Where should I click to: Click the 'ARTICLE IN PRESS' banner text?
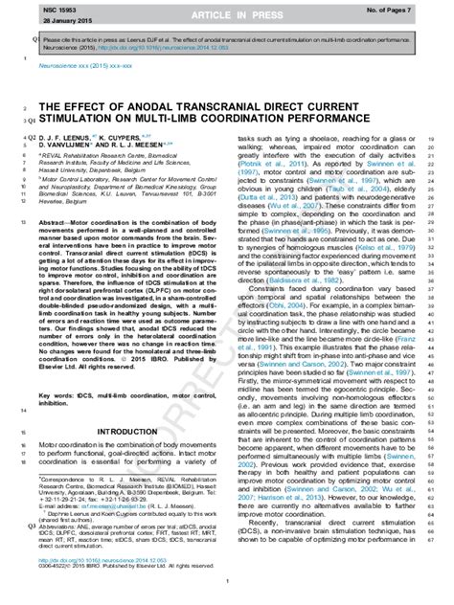226,16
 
